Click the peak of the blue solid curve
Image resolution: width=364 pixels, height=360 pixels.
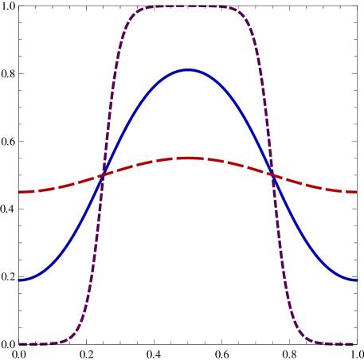pyautogui.click(x=188, y=70)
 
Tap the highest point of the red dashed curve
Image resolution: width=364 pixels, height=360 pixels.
pyautogui.click(x=188, y=158)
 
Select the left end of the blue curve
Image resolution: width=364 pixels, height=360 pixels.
pyautogui.click(x=19, y=280)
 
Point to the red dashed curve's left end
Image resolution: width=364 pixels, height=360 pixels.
pyautogui.click(x=19, y=192)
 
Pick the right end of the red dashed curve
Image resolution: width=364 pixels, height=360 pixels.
pyautogui.click(x=355, y=192)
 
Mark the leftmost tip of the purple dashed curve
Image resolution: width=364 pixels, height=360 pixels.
pyautogui.click(x=20, y=344)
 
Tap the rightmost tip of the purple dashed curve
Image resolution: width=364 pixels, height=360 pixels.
pyautogui.click(x=353, y=344)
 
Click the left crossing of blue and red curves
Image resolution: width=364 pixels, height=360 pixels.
pyautogui.click(x=103, y=174)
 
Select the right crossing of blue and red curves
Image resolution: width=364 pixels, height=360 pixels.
pyautogui.click(x=272, y=174)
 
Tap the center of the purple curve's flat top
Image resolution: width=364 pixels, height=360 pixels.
pyautogui.click(x=188, y=6)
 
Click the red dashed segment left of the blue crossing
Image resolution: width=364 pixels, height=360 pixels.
pyautogui.click(x=60, y=186)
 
